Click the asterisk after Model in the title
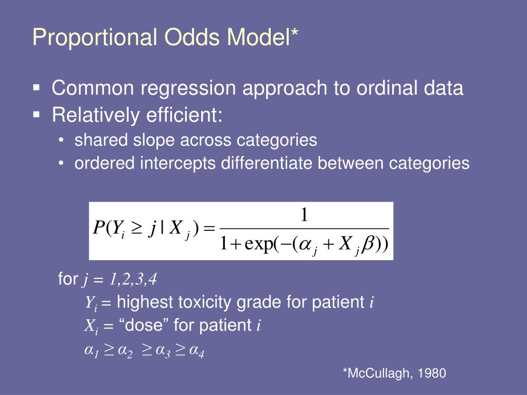pyautogui.click(x=294, y=33)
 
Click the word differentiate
pyautogui.click(x=267, y=163)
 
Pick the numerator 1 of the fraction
pyautogui.click(x=304, y=214)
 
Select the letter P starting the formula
pyautogui.click(x=99, y=228)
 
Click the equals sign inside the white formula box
pyautogui.click(x=209, y=229)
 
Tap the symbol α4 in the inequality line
pyautogui.click(x=197, y=351)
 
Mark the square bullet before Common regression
pyautogui.click(x=37, y=87)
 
